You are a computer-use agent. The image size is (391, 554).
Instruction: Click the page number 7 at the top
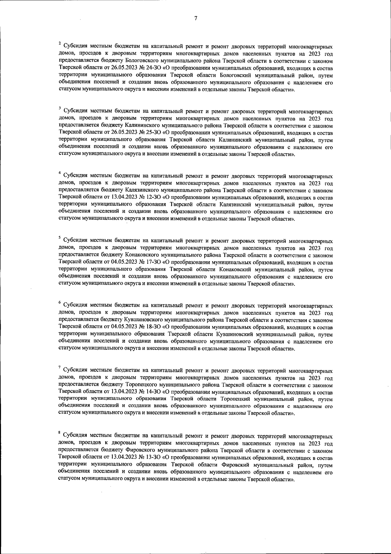(x=195, y=19)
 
